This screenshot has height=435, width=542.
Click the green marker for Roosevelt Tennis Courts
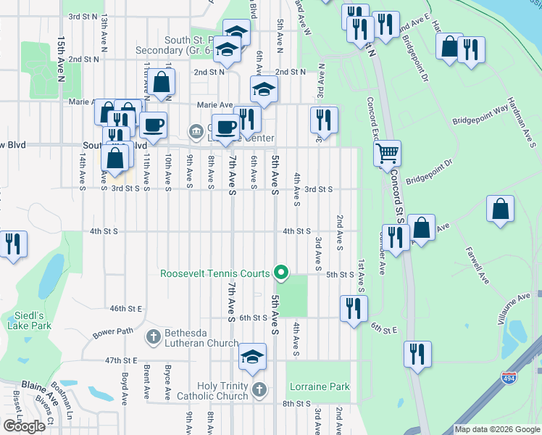[282, 274]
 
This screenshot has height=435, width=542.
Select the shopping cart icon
[388, 153]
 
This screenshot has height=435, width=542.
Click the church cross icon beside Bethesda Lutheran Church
[153, 336]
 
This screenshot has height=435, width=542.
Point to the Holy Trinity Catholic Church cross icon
[259, 391]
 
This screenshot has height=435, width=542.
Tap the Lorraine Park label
[320, 387]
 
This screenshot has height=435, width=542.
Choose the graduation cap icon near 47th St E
[252, 356]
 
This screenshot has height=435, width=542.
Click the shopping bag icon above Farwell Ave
[500, 209]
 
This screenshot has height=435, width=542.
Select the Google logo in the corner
[25, 426]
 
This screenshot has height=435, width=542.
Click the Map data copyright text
[496, 430]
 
